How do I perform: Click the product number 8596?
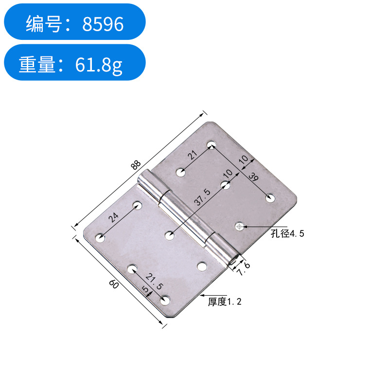point(103,23)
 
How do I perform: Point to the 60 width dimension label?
point(115,285)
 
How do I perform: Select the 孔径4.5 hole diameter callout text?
point(288,234)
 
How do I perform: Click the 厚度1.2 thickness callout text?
point(225,301)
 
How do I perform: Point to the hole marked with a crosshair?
point(239,226)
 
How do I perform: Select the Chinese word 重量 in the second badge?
point(37,64)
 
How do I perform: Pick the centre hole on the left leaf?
point(169,236)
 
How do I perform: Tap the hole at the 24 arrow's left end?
point(100,238)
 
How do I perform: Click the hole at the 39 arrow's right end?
point(271,197)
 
